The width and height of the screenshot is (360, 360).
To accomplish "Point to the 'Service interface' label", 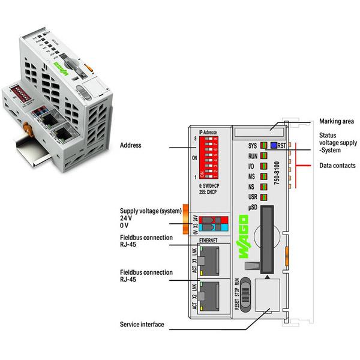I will coord(142,325).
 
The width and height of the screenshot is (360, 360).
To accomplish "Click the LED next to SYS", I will coord(263,145).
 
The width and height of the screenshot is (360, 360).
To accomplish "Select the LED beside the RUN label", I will coord(263,155).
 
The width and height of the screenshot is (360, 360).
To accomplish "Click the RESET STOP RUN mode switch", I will coord(239,294).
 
